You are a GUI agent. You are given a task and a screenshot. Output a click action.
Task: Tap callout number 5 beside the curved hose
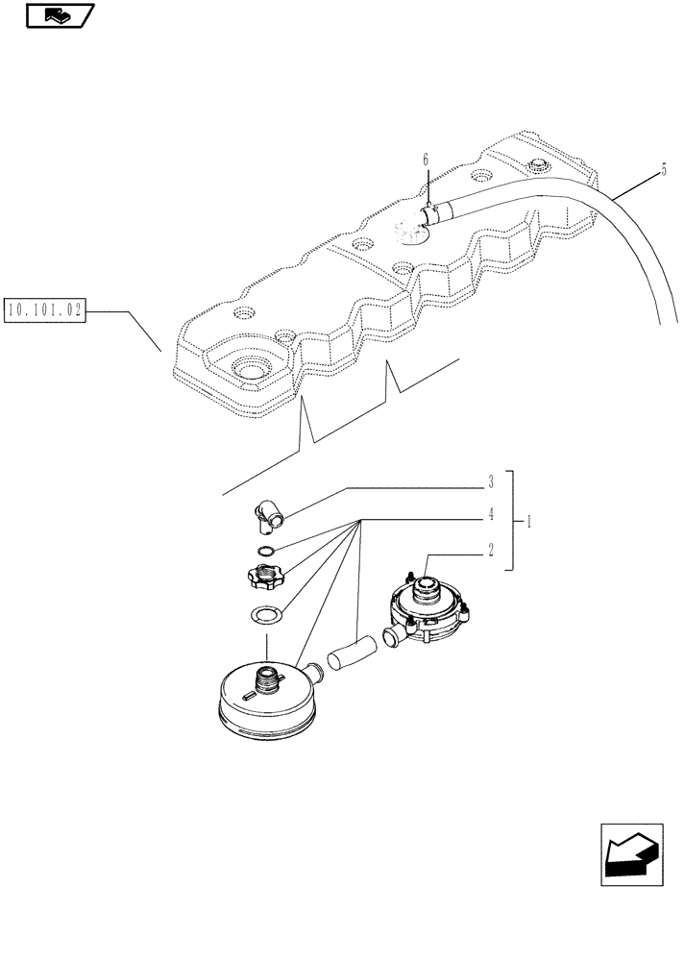pos(662,170)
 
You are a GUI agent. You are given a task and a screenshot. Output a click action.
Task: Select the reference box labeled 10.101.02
pos(45,310)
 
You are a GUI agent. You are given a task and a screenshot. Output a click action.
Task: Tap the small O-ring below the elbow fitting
pos(264,551)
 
